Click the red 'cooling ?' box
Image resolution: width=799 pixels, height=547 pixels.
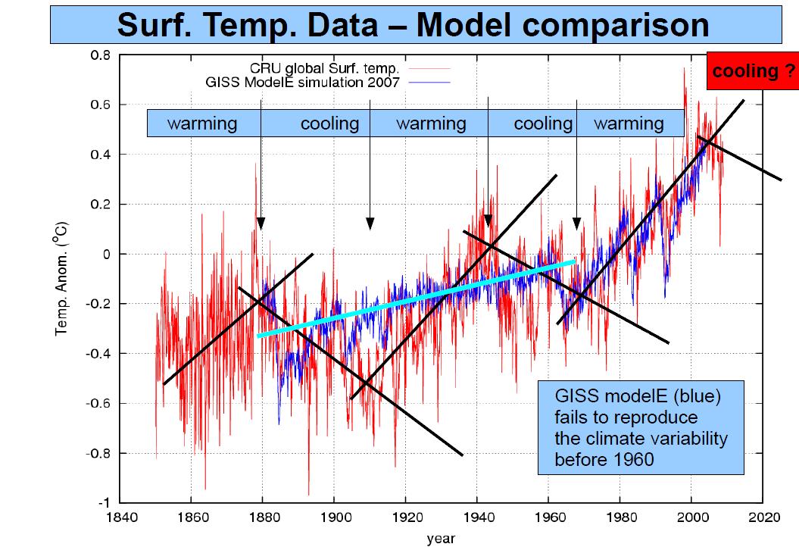[x=752, y=71]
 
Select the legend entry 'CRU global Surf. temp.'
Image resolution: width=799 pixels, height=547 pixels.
[x=326, y=68]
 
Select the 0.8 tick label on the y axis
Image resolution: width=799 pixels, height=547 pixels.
[x=100, y=55]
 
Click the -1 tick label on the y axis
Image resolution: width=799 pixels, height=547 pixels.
[x=103, y=503]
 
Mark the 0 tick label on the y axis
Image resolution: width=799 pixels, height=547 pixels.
[x=107, y=255]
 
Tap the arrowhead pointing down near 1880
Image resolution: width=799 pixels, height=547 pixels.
[x=261, y=223]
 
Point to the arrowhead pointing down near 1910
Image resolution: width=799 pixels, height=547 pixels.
[x=370, y=223]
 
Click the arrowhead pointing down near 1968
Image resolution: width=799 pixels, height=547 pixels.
[x=576, y=223]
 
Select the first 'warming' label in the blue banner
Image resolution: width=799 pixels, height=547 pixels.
[x=202, y=123]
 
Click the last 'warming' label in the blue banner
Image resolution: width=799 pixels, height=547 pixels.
[x=629, y=123]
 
